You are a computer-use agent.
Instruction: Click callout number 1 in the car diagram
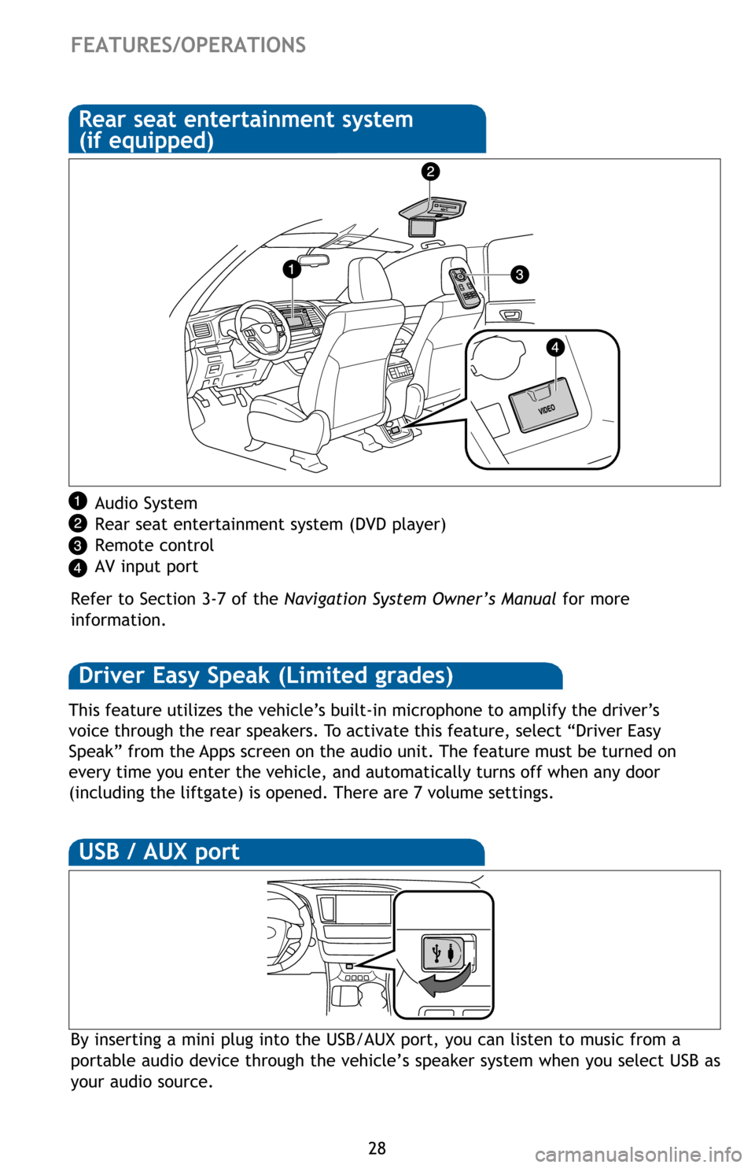[291, 270]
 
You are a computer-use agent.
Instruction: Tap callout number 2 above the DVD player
[429, 172]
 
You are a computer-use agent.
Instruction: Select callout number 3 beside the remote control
[519, 275]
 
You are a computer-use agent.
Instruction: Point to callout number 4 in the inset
[555, 347]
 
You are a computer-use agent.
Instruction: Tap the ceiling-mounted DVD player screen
[422, 227]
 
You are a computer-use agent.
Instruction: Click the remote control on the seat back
[464, 287]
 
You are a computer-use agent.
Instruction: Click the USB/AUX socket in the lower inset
[443, 952]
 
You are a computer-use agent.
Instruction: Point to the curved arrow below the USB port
[446, 981]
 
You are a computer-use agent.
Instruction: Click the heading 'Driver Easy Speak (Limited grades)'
[267, 676]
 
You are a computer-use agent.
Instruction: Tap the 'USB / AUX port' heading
[160, 852]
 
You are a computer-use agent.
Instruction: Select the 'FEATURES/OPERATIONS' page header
[189, 45]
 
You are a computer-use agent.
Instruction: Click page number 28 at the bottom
[377, 1148]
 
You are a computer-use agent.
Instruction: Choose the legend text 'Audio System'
[146, 504]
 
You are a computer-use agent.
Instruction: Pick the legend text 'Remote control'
[154, 546]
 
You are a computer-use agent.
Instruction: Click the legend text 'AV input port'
[146, 567]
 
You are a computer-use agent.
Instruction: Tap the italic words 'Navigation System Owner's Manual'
[420, 600]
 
